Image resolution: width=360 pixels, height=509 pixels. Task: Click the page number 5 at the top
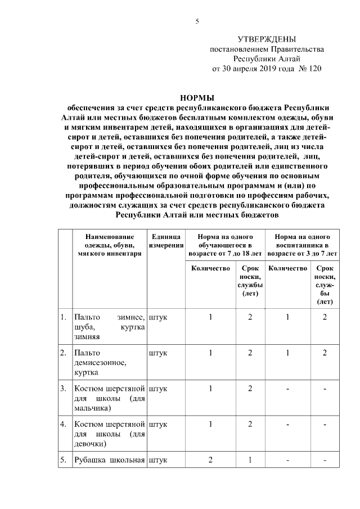coord(197,21)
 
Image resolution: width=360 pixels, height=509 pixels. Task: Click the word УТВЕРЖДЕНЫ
coord(267,39)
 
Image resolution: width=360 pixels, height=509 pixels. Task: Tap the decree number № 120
coord(310,69)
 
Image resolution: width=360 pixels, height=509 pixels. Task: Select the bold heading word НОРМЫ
coord(197,97)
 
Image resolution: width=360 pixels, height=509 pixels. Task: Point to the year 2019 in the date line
coord(267,69)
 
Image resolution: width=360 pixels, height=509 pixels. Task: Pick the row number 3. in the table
coord(64,388)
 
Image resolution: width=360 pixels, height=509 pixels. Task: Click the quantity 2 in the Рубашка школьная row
coord(210,461)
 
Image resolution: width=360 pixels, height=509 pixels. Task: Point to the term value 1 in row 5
coord(250,461)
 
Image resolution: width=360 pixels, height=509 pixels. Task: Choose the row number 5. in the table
coord(64,461)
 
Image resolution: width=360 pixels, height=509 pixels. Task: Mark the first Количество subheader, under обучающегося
coord(210,269)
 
